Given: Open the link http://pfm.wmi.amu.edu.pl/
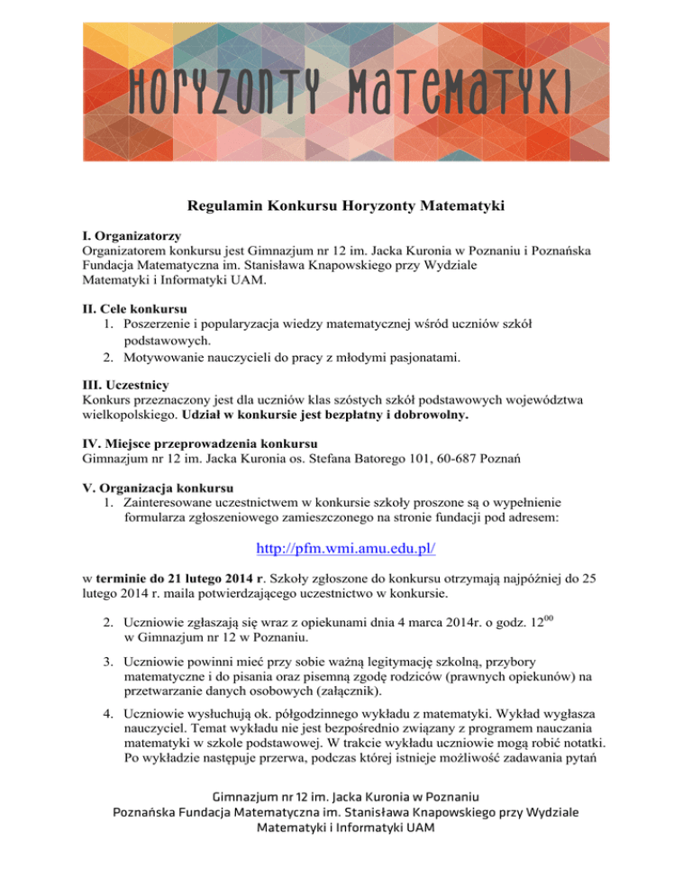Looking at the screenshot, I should click(x=345, y=547).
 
